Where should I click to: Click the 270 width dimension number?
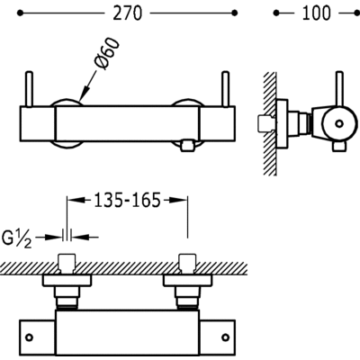coord(125,14)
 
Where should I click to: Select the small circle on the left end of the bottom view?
coord(29,338)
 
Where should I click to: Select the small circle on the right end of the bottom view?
coord(223,338)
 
